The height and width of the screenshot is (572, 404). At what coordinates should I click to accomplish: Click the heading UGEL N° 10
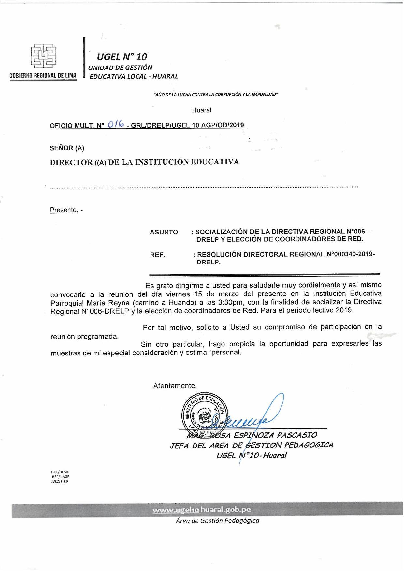click(122, 57)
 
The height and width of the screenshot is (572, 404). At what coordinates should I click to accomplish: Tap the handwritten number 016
click(116, 124)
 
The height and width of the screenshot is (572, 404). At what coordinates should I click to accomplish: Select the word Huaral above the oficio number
click(202, 110)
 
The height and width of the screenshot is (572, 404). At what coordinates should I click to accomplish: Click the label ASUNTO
click(164, 232)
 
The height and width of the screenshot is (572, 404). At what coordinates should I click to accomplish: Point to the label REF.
click(158, 255)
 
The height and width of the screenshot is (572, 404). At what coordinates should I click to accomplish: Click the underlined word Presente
click(63, 210)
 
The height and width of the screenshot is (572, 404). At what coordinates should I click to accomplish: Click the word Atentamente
click(175, 386)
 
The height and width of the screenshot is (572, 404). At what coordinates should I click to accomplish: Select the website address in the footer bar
click(202, 510)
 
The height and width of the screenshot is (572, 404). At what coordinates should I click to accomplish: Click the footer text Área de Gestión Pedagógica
click(217, 521)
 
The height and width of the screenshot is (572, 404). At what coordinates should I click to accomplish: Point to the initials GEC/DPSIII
click(60, 472)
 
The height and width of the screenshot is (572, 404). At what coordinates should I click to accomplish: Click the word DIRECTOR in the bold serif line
click(71, 162)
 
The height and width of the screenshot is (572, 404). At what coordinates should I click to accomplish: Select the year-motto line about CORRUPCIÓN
click(216, 95)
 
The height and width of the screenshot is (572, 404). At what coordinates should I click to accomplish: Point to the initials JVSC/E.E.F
click(60, 482)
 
